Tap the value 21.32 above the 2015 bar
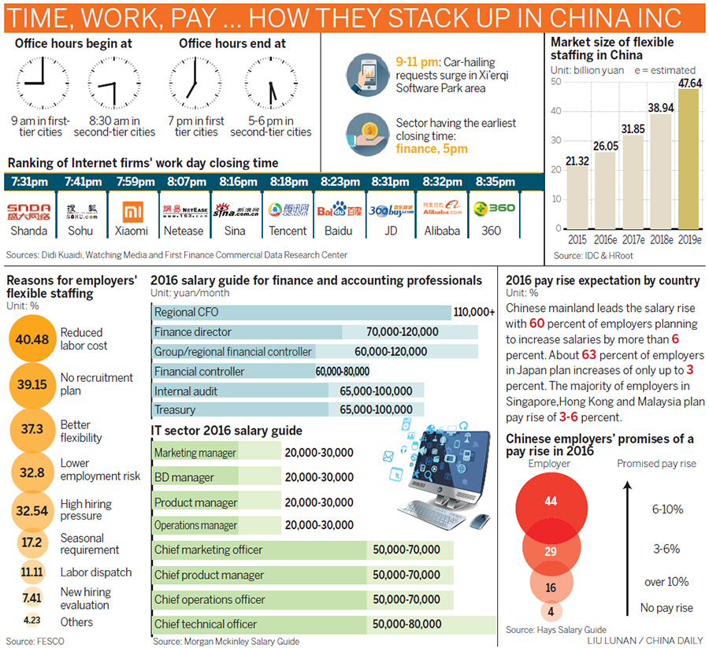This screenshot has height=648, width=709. pos(577,160)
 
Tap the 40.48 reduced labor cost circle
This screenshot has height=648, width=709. pos(32,339)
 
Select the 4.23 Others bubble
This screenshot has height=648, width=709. pos(32,621)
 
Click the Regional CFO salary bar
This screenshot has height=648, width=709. pos(300,312)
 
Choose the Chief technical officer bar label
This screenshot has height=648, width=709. pos(206,624)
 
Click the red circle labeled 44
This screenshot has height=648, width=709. pos(550,502)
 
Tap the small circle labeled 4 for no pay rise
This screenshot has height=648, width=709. pos(551,612)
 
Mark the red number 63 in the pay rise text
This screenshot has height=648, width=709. pos(588,354)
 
